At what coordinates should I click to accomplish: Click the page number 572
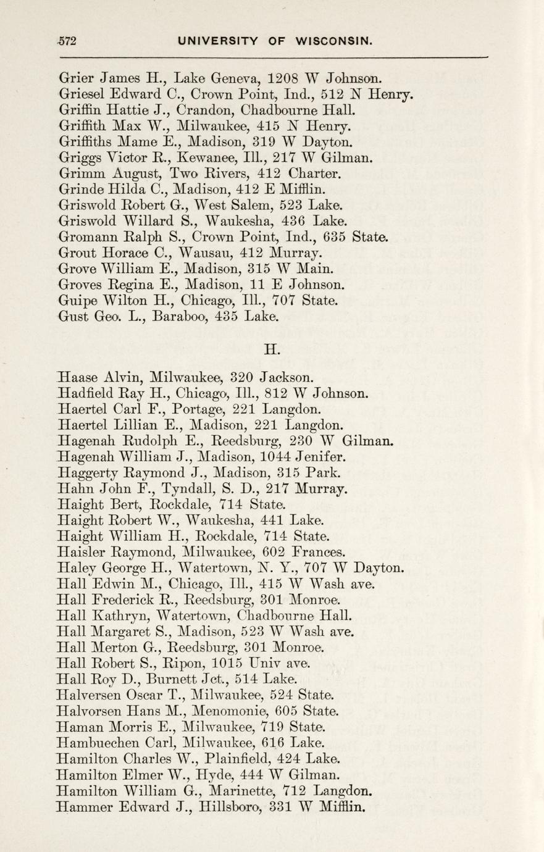(x=65, y=41)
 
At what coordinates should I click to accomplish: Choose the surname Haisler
(x=82, y=552)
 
